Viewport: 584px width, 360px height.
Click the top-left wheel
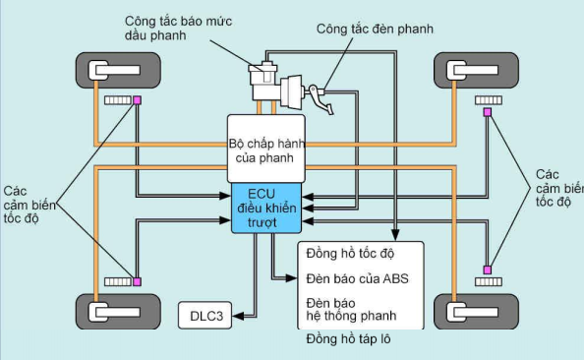pos(118,71)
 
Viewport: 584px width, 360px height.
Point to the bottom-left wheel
pos(118,312)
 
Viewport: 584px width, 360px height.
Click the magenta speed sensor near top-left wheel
pos(138,100)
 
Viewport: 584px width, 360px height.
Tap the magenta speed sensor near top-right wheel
pos(487,111)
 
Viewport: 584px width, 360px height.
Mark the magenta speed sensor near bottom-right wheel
pos(486,270)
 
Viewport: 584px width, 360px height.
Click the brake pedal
pos(317,95)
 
